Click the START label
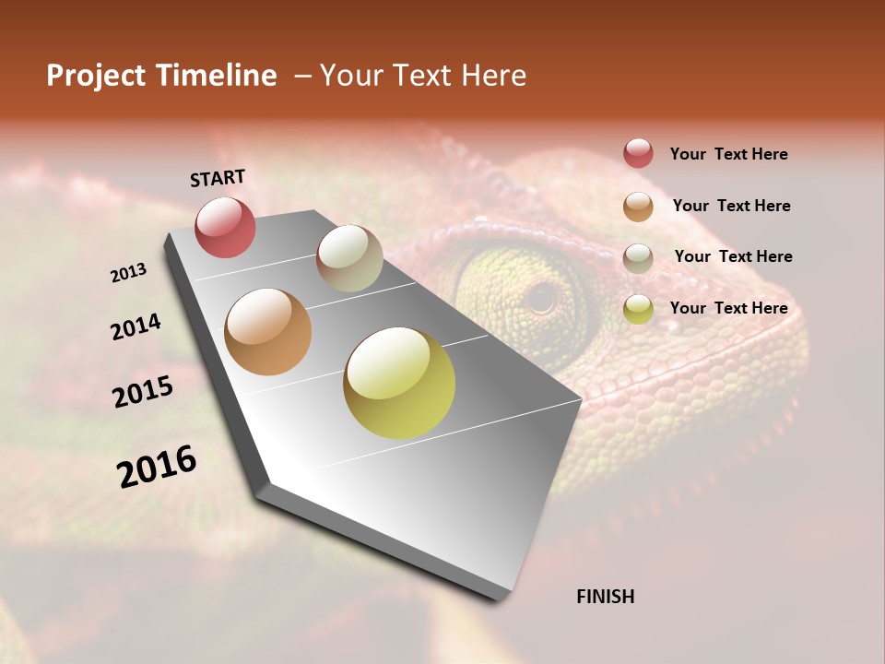coord(218,178)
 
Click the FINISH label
coord(606,597)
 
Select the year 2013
coord(129,273)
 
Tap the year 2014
coord(136,326)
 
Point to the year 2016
coord(157,467)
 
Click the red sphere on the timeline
coord(225,227)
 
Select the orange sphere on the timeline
coord(268,332)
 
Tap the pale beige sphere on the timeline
coord(349,258)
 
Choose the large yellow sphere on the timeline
coord(399,383)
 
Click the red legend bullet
coord(638,154)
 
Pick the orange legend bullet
coord(638,207)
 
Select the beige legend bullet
coord(638,258)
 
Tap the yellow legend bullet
coord(638,309)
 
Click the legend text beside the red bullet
coord(728,154)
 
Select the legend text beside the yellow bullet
coord(728,308)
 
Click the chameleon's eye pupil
coord(542,297)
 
